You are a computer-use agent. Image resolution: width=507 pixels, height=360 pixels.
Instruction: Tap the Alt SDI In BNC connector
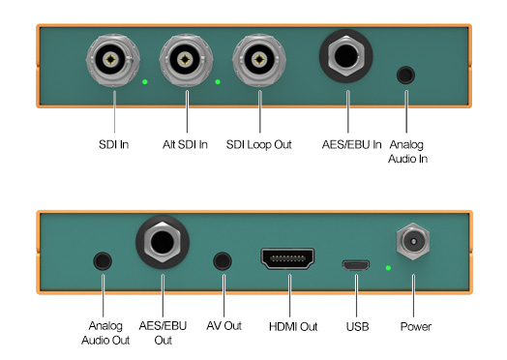(186, 61)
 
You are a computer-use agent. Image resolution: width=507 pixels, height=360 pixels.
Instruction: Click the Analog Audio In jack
(407, 74)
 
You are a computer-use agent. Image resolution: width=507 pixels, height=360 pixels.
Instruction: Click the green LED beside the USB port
(387, 266)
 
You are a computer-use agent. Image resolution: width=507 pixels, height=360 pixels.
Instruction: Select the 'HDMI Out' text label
(293, 326)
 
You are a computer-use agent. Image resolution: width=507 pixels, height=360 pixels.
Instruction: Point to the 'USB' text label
(357, 326)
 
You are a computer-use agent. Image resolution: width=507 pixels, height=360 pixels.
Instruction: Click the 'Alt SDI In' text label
(185, 145)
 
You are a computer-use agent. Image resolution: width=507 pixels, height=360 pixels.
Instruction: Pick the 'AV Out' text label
(224, 326)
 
